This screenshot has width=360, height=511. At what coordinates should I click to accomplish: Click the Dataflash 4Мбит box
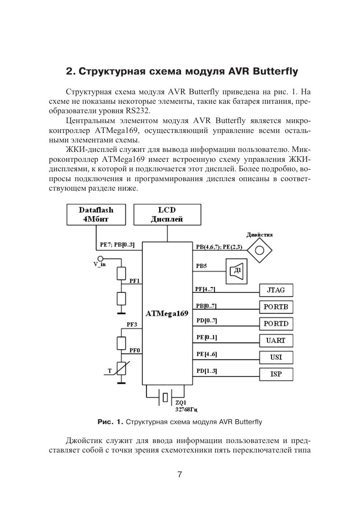pyautogui.click(x=96, y=215)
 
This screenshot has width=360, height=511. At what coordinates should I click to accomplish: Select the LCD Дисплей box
pyautogui.click(x=167, y=215)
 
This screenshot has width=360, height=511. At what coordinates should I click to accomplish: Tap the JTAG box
pyautogui.click(x=276, y=290)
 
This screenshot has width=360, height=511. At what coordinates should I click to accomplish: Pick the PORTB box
pyautogui.click(x=276, y=307)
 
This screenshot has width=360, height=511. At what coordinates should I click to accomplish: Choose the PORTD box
pyautogui.click(x=276, y=324)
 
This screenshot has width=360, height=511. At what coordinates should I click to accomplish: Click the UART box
pyautogui.click(x=276, y=341)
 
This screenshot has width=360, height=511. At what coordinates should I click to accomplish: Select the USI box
pyautogui.click(x=276, y=357)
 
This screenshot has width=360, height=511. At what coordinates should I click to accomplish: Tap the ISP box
pyautogui.click(x=276, y=374)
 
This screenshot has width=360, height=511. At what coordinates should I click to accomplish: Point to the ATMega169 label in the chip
pyautogui.click(x=167, y=313)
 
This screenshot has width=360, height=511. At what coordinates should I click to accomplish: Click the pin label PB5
pyautogui.click(x=202, y=266)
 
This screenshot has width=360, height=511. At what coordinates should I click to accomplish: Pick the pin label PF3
pyautogui.click(x=132, y=324)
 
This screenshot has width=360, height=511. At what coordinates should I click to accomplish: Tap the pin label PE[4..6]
pyautogui.click(x=207, y=354)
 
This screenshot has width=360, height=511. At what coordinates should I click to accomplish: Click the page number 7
pyautogui.click(x=179, y=474)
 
